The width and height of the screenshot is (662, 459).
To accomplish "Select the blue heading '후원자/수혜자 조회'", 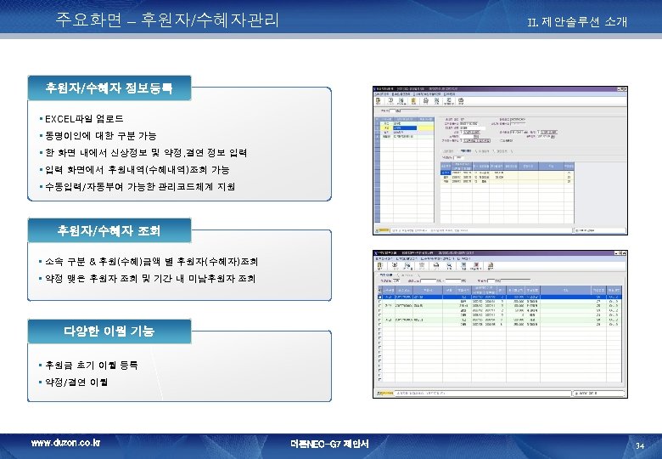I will tap(109, 230).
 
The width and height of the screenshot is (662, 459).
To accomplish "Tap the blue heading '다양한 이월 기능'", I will tap(109, 331).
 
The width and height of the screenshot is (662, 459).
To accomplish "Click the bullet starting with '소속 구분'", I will tap(154, 262).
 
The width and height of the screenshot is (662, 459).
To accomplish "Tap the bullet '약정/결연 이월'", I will tap(78, 382).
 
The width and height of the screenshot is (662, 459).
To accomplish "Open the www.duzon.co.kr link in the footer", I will tap(65, 443).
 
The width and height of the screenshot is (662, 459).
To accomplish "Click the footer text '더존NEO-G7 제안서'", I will tap(329, 444).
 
